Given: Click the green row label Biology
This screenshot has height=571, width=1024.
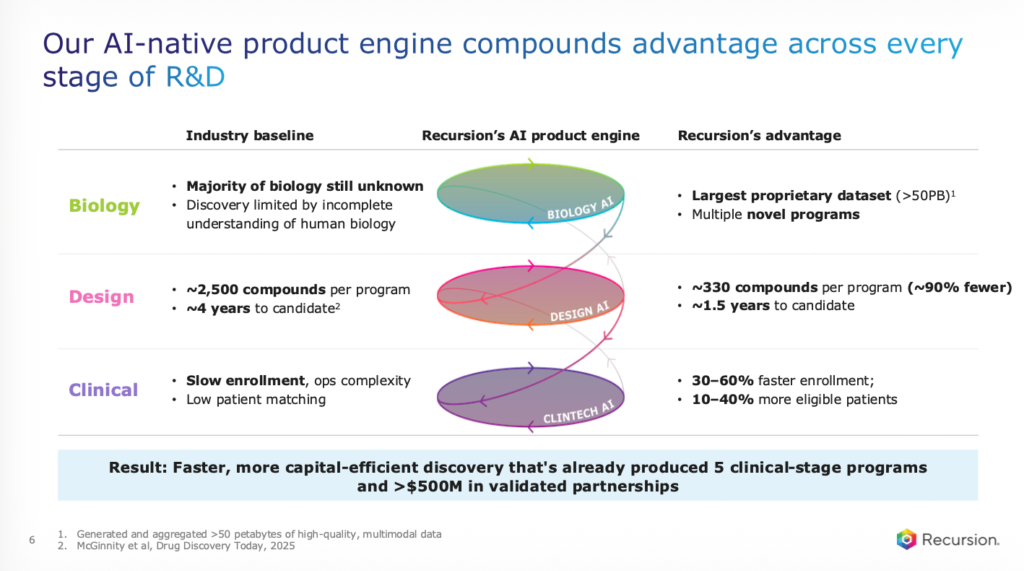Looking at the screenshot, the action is click(x=104, y=206).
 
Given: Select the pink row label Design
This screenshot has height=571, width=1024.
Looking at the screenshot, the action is click(x=102, y=297).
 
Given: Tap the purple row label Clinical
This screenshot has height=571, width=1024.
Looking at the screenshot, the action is click(x=103, y=390).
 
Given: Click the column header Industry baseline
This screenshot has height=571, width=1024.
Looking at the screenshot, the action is click(x=250, y=135).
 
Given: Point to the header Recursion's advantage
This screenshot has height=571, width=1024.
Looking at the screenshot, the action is click(x=759, y=135).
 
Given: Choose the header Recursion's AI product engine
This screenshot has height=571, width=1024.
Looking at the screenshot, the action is click(x=530, y=135).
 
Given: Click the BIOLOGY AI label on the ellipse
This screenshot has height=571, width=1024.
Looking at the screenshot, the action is click(x=580, y=208).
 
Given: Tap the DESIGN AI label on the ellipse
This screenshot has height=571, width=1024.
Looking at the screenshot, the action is click(x=580, y=311).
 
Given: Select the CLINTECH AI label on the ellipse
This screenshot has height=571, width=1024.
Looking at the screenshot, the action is click(x=578, y=412).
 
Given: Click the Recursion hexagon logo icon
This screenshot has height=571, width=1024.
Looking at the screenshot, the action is click(x=906, y=539).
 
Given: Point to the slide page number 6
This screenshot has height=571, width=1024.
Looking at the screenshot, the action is click(x=32, y=540).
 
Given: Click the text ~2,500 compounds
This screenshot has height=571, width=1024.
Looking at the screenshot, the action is click(x=256, y=290).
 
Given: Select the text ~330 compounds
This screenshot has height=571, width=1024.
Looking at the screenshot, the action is click(x=755, y=288).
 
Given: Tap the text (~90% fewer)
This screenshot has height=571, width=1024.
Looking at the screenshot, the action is click(x=960, y=288).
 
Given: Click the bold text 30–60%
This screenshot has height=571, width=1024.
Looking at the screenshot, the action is click(x=723, y=381).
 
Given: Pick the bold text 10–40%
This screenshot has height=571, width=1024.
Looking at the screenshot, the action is click(x=723, y=400).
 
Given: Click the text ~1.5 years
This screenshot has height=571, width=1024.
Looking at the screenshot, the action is click(x=731, y=305).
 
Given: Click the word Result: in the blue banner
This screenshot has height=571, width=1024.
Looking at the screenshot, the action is click(x=138, y=468).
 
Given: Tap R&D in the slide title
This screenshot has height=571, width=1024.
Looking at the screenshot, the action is click(x=195, y=77).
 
